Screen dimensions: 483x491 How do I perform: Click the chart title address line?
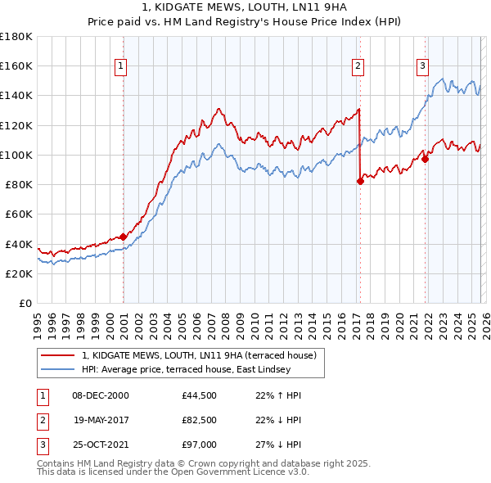[x=245, y=7]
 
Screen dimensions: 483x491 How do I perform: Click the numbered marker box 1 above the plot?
[x=120, y=66]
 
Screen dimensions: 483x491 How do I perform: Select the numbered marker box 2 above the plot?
[x=358, y=66]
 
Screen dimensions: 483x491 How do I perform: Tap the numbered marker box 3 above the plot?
[x=422, y=66]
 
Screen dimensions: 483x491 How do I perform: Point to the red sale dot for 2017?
[x=360, y=182]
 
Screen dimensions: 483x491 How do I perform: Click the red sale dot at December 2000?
[x=123, y=237]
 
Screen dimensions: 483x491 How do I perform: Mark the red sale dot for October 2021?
[x=425, y=160]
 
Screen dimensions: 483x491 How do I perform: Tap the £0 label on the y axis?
[x=25, y=303]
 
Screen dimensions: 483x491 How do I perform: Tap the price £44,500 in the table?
[x=199, y=395]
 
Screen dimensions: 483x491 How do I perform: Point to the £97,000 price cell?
[x=199, y=445]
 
